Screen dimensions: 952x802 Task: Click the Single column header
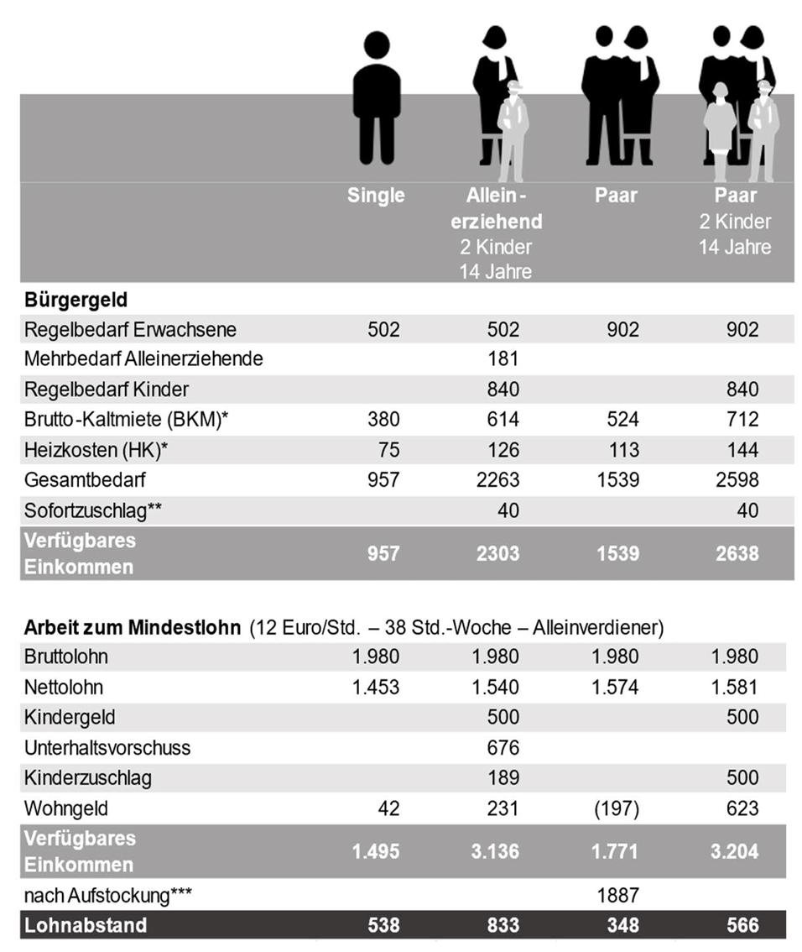coord(376,196)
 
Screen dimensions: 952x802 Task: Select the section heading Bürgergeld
coord(76,300)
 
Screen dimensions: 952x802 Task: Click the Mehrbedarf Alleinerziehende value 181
coord(503,359)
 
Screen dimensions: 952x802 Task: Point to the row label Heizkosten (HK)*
coord(96,450)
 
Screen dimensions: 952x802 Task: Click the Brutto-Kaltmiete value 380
coord(383,420)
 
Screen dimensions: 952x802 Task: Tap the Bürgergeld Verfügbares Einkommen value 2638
coord(735,553)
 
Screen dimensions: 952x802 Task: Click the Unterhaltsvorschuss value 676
coord(503,747)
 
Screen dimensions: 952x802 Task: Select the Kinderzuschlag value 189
coord(503,778)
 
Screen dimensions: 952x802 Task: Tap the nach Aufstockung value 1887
coord(622,896)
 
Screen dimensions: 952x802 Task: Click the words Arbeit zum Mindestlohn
coord(132,627)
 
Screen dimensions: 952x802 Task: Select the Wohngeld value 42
coord(388,808)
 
